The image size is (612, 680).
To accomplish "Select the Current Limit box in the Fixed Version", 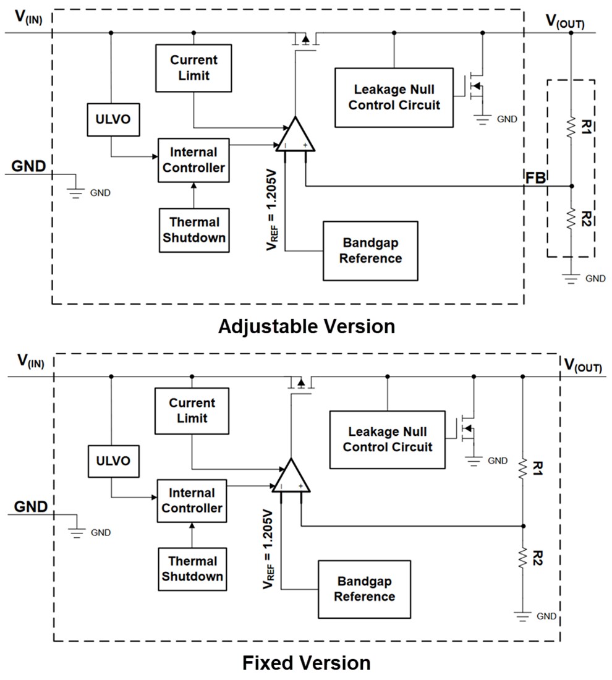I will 192,410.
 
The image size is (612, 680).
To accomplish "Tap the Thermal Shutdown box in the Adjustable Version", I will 193,230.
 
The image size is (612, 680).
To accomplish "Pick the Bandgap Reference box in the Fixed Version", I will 364,589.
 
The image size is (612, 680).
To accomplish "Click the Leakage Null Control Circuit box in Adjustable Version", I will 394,98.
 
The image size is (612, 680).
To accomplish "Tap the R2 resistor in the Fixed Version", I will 523,558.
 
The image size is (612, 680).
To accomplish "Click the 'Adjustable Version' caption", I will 306,326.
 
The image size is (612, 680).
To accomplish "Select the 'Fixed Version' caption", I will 306,663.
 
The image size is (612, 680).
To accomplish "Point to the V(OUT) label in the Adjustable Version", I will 564,22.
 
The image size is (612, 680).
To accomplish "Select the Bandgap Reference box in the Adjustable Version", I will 370,250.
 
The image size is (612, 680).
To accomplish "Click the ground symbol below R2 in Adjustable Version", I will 571,278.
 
